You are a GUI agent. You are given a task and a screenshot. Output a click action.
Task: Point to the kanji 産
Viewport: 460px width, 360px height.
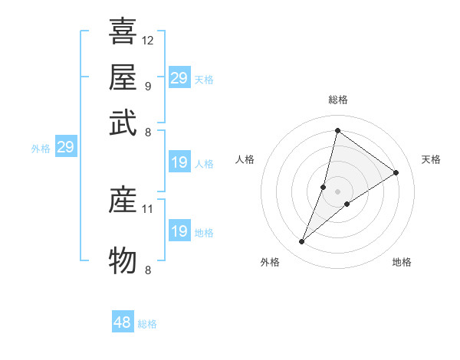tap(123, 200)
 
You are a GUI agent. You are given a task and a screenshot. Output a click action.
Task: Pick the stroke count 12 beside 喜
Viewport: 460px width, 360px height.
tap(148, 40)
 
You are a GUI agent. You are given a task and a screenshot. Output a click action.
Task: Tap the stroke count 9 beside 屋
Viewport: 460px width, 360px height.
tap(147, 85)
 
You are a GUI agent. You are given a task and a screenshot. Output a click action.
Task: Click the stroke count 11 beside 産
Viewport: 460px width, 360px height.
tap(148, 208)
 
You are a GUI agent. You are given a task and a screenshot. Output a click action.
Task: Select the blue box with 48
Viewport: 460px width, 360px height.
tap(123, 322)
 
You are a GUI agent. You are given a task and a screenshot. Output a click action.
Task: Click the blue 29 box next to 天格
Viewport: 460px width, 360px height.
tap(179, 78)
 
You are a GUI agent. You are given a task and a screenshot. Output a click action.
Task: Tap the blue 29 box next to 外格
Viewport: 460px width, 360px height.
tap(65, 148)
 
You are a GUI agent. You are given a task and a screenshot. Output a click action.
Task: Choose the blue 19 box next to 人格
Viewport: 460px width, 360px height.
tap(179, 162)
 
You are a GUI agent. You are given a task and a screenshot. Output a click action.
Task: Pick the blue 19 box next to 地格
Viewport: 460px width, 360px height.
tap(179, 231)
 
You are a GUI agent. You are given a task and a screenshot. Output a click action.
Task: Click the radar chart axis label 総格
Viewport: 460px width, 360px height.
tap(337, 100)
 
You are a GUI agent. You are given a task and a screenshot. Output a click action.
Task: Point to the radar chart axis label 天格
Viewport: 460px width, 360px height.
tap(431, 159)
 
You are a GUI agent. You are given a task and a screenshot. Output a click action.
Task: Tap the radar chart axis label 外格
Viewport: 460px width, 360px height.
tap(270, 262)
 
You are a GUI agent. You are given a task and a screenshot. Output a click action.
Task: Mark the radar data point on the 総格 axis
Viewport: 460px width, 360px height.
tap(337, 130)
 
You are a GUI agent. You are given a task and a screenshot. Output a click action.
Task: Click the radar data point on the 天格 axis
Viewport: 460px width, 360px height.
tap(396, 172)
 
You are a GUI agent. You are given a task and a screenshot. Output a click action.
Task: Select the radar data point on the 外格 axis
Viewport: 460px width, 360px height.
tap(301, 242)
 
